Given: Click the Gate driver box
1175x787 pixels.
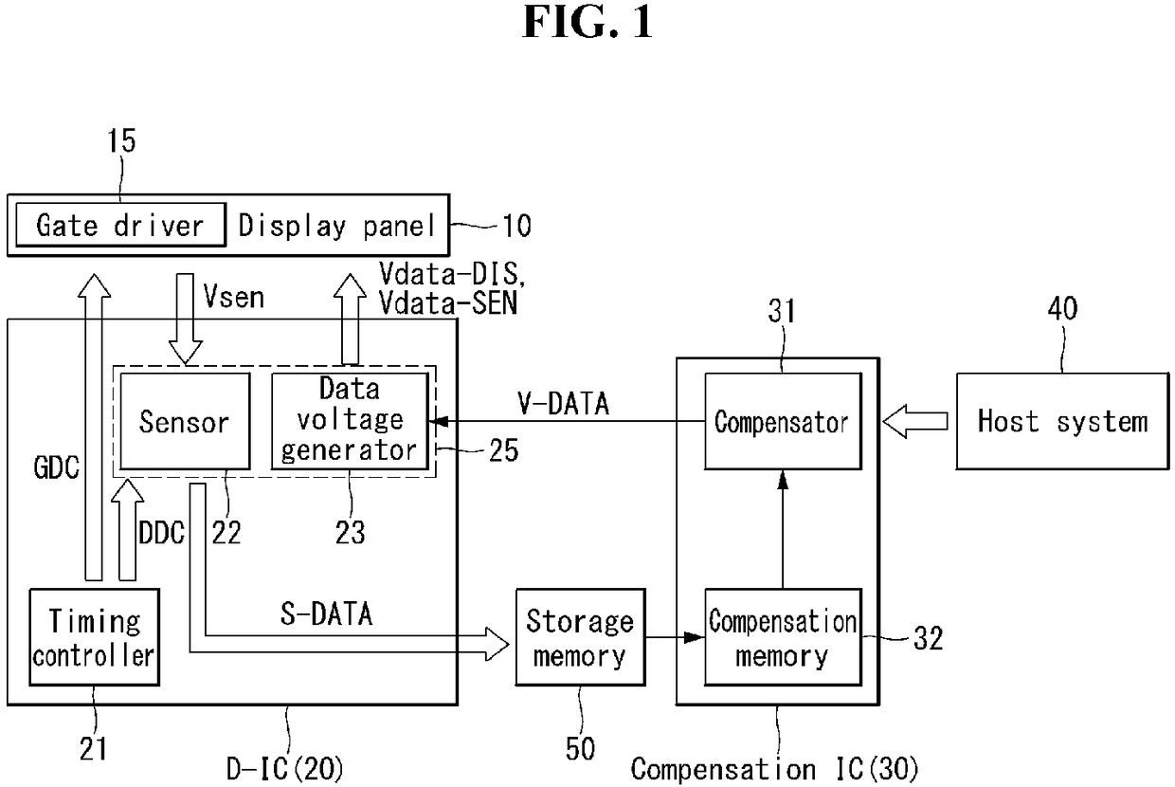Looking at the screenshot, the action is (x=120, y=225).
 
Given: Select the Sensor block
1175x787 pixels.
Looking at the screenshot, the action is (x=185, y=421).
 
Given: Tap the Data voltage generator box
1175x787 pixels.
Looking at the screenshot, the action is (x=350, y=421).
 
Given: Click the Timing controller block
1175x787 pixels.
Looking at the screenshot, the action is (x=95, y=637).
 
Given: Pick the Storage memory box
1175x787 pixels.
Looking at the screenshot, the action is (x=580, y=637).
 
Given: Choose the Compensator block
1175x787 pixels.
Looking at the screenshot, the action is (x=783, y=421).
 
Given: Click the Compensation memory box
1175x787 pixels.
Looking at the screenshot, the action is (x=783, y=637).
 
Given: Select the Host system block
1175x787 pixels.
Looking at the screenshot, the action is (x=1062, y=421).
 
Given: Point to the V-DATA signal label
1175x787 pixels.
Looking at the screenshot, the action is (x=563, y=404).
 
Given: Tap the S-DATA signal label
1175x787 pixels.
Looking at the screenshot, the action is (x=326, y=613).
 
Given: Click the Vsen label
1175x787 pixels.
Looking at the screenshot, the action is (x=233, y=297).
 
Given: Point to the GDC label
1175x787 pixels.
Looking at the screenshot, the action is (x=56, y=467).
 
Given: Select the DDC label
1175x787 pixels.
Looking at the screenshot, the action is (x=161, y=533).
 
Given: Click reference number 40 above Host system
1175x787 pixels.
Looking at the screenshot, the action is (x=1062, y=308).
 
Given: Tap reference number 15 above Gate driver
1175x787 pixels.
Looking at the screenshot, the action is (x=121, y=140).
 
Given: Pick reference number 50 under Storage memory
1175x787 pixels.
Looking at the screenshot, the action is (x=580, y=749).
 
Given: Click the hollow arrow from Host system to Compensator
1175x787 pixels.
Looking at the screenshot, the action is (x=915, y=421).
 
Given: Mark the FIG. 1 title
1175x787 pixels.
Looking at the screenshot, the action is (x=587, y=22).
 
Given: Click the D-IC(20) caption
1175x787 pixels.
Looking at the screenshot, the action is (x=285, y=769).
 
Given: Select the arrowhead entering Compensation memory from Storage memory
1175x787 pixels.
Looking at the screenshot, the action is (x=695, y=637).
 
